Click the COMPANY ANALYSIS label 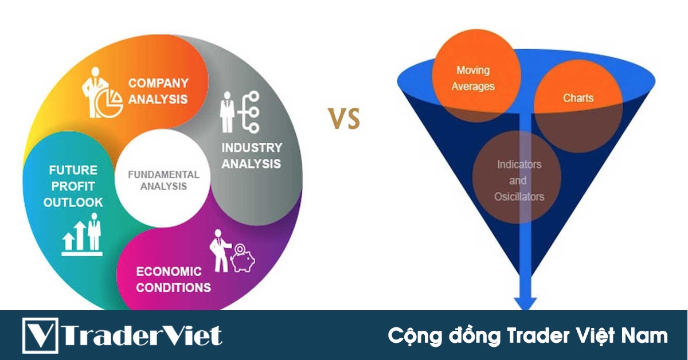[x=158, y=91]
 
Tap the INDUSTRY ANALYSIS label [x=251, y=155]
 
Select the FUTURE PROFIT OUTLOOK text [x=73, y=186]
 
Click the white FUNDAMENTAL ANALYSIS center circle [x=163, y=180]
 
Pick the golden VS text [x=344, y=119]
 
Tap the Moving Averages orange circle [x=474, y=79]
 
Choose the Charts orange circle [x=578, y=98]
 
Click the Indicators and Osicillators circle [x=519, y=181]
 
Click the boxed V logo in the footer [x=41, y=335]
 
